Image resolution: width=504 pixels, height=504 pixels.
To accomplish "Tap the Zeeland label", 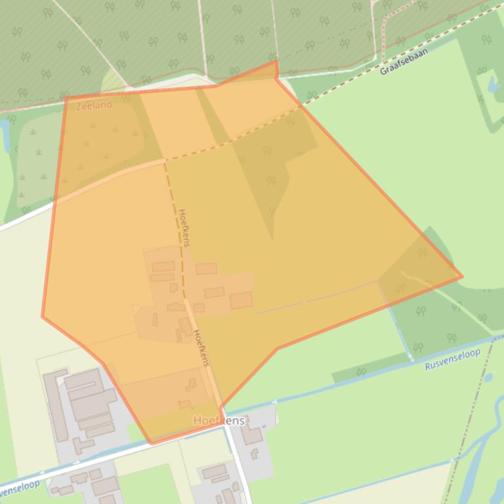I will [x=94, y=105].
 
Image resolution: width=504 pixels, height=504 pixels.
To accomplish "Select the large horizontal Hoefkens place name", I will [x=219, y=421].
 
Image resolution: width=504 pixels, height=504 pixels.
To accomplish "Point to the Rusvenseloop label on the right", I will [x=452, y=359].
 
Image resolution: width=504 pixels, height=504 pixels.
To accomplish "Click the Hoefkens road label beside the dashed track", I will [x=184, y=227].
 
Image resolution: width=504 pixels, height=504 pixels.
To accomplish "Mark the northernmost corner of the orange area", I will [x=276, y=62].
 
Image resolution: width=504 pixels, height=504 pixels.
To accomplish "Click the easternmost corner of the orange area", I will [x=462, y=276].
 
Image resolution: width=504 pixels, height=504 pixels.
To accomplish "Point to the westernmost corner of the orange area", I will [x=43, y=316].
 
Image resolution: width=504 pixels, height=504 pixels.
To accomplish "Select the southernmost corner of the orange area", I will [x=151, y=444].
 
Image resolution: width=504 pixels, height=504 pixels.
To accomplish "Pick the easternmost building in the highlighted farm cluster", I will [x=241, y=300].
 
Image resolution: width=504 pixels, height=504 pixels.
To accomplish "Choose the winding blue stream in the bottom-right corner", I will [x=481, y=452].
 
